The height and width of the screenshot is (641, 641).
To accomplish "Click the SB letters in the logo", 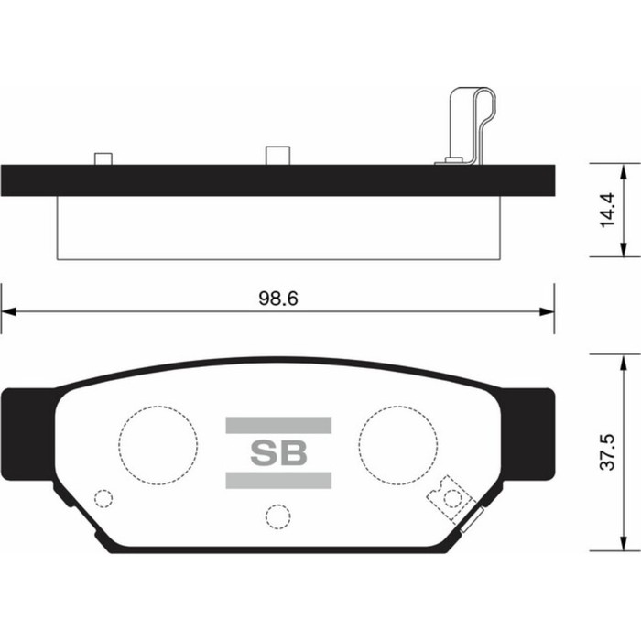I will coord(277,452).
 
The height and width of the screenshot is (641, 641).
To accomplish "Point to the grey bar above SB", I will coord(277,424).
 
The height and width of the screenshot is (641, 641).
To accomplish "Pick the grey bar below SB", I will coord(277,481).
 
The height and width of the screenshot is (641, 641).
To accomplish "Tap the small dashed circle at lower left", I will coord(103,499).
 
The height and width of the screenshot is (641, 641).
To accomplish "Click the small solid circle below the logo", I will coord(275,516).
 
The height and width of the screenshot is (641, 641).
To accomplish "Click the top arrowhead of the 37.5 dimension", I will coord(624,359).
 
